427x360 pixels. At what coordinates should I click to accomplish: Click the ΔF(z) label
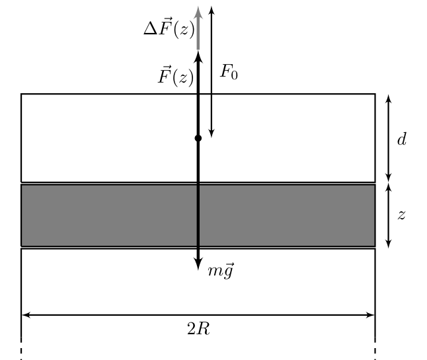click(x=169, y=28)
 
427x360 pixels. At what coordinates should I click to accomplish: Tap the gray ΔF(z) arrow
click(x=198, y=28)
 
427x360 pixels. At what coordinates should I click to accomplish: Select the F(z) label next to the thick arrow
click(x=176, y=76)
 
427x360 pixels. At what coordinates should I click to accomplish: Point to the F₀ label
click(x=229, y=72)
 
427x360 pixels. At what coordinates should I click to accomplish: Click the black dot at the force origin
click(x=198, y=138)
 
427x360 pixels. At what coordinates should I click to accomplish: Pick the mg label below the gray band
click(x=221, y=271)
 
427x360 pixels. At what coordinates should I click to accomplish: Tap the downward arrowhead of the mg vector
click(x=198, y=264)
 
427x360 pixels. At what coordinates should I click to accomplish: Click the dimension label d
click(x=402, y=139)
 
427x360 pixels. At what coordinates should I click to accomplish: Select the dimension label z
click(x=402, y=215)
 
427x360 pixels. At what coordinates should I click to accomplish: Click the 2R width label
click(x=198, y=329)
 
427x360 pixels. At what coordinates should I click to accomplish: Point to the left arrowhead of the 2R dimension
click(x=26, y=315)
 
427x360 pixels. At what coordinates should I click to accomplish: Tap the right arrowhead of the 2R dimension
click(x=371, y=315)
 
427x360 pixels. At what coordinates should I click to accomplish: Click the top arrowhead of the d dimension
click(x=389, y=98)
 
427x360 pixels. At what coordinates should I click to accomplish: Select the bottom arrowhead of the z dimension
click(x=389, y=244)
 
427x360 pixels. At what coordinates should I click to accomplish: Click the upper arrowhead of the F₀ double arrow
click(x=212, y=10)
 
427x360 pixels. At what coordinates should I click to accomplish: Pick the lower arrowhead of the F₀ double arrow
click(x=212, y=133)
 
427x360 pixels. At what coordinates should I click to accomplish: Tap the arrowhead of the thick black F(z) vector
click(x=198, y=57)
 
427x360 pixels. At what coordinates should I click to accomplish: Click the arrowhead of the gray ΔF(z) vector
click(x=198, y=13)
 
